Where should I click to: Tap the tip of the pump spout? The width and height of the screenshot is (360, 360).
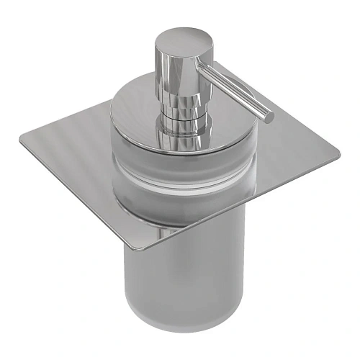point(269,114)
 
